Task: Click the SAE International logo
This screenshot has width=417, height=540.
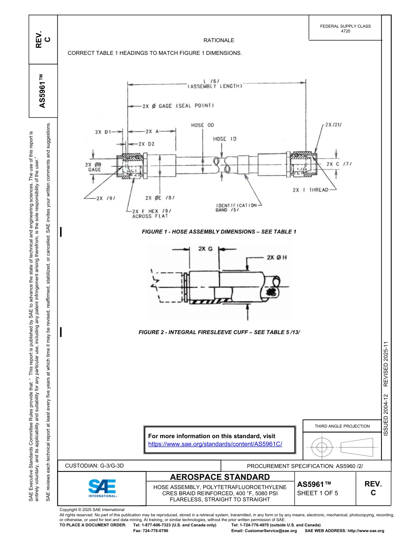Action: pos(102,488)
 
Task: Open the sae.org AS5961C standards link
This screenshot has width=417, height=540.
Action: pos(215,444)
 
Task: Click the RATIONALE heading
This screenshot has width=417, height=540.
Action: pos(219,40)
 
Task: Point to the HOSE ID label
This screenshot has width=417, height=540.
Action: pos(225,139)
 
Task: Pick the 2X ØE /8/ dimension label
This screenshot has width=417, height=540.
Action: pos(160,198)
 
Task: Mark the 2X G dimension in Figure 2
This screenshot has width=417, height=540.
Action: pos(205,248)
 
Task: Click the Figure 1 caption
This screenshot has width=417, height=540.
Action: pos(219,231)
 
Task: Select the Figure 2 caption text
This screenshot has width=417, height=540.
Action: pos(219,332)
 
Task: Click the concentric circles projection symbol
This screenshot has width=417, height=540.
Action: pos(322,447)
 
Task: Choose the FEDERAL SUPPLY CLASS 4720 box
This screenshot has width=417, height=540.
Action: pos(345,29)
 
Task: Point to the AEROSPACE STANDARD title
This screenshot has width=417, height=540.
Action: pos(219,477)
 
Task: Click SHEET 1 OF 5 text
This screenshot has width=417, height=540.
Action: pos(317,493)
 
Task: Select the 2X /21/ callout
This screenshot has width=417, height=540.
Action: pos(334,125)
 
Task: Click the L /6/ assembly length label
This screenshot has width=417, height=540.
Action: pos(215,83)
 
